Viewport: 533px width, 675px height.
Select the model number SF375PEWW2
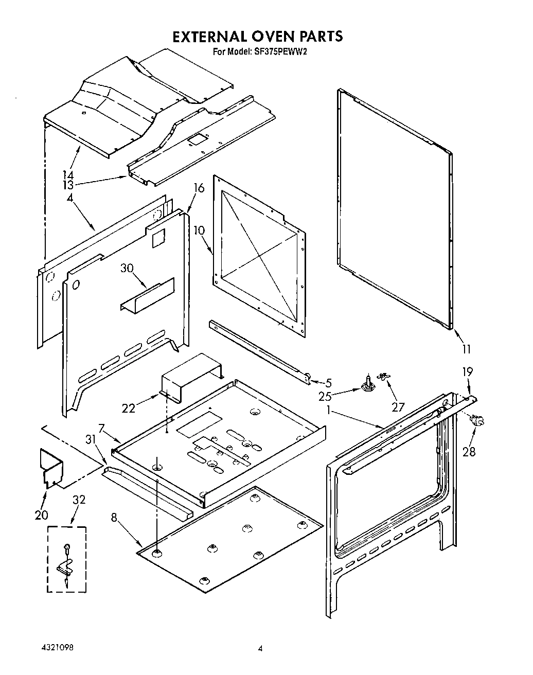[x=280, y=51]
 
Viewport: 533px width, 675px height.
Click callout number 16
[x=199, y=188]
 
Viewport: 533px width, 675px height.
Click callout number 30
[x=127, y=268]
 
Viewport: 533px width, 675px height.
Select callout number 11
[x=466, y=349]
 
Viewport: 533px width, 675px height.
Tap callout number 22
[x=129, y=408]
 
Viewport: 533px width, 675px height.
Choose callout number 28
[x=469, y=452]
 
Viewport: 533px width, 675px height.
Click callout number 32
[x=79, y=500]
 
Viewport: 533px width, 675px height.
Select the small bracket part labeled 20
[x=51, y=467]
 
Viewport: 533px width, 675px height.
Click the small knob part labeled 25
[x=367, y=384]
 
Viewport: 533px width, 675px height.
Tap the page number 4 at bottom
[x=260, y=649]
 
